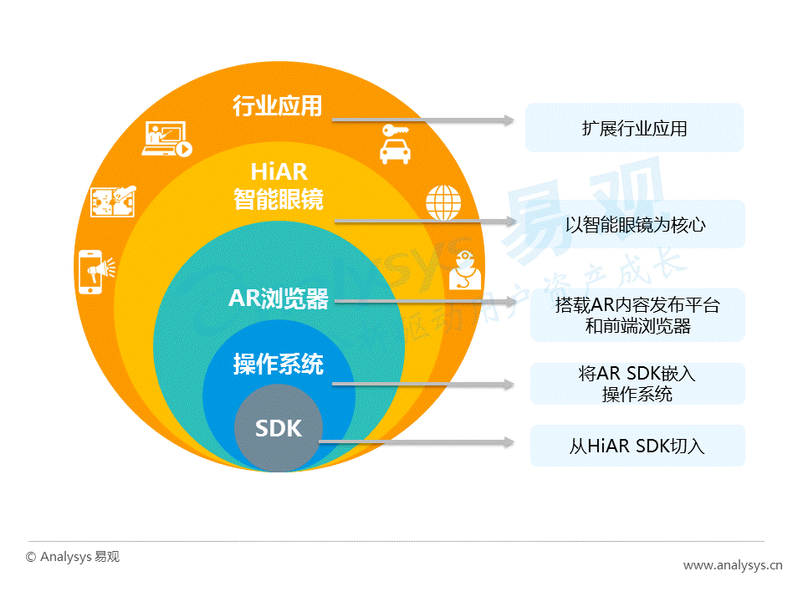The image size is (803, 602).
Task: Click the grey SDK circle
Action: tap(278, 429)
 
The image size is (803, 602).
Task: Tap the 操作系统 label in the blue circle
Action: tap(278, 365)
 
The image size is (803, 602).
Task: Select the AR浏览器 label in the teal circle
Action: tap(278, 298)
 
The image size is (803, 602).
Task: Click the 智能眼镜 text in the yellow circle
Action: tap(279, 200)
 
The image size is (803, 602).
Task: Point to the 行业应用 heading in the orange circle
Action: tap(277, 106)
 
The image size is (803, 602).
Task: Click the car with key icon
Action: tap(394, 144)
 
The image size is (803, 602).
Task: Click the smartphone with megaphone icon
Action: tap(94, 272)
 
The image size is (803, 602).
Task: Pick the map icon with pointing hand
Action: tap(114, 201)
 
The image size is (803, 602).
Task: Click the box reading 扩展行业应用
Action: tap(634, 128)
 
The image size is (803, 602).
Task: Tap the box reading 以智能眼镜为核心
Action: tap(637, 224)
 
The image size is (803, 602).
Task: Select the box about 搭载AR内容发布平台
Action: tap(637, 315)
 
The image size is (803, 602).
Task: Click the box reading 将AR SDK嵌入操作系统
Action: tap(637, 384)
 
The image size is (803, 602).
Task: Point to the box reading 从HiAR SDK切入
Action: tap(637, 446)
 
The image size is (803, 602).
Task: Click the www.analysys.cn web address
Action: tap(733, 566)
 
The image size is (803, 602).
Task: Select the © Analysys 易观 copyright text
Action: tap(73, 556)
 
